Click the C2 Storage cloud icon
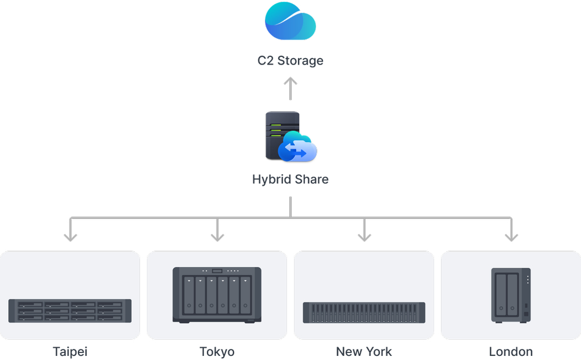point(290,21)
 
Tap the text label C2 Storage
point(290,60)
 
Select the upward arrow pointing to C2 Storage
point(290,88)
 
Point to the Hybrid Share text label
point(290,179)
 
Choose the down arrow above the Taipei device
point(70,230)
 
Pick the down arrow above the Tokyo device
point(217,230)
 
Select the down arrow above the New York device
point(364,230)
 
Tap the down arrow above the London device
point(511,230)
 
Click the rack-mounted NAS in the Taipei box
point(70,311)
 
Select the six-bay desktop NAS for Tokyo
point(217,295)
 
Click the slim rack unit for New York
point(364,312)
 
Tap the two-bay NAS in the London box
point(511,295)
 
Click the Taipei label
point(70,352)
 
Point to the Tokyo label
point(217,352)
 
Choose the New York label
point(364,352)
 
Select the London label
point(511,352)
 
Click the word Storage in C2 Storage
point(300,60)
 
